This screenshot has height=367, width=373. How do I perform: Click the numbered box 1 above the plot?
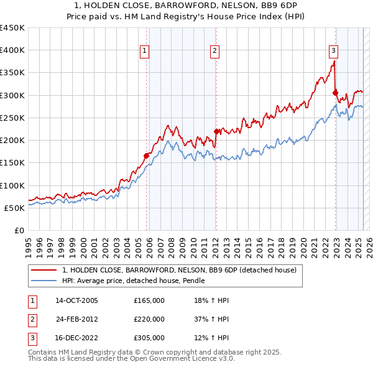pyautogui.click(x=144, y=52)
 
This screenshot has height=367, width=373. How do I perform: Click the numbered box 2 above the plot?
pyautogui.click(x=214, y=52)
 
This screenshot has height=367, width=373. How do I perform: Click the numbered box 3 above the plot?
pyautogui.click(x=333, y=52)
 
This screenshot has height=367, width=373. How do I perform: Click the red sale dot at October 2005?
pyautogui.click(x=147, y=156)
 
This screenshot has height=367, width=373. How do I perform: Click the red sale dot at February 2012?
pyautogui.click(x=216, y=131)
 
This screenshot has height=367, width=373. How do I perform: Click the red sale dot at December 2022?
pyautogui.click(x=336, y=93)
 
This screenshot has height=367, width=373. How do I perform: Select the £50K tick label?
pyautogui.click(x=15, y=208)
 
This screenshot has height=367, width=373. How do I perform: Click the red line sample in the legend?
pyautogui.click(x=44, y=270)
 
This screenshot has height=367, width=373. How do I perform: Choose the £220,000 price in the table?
pyautogui.click(x=149, y=319)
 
